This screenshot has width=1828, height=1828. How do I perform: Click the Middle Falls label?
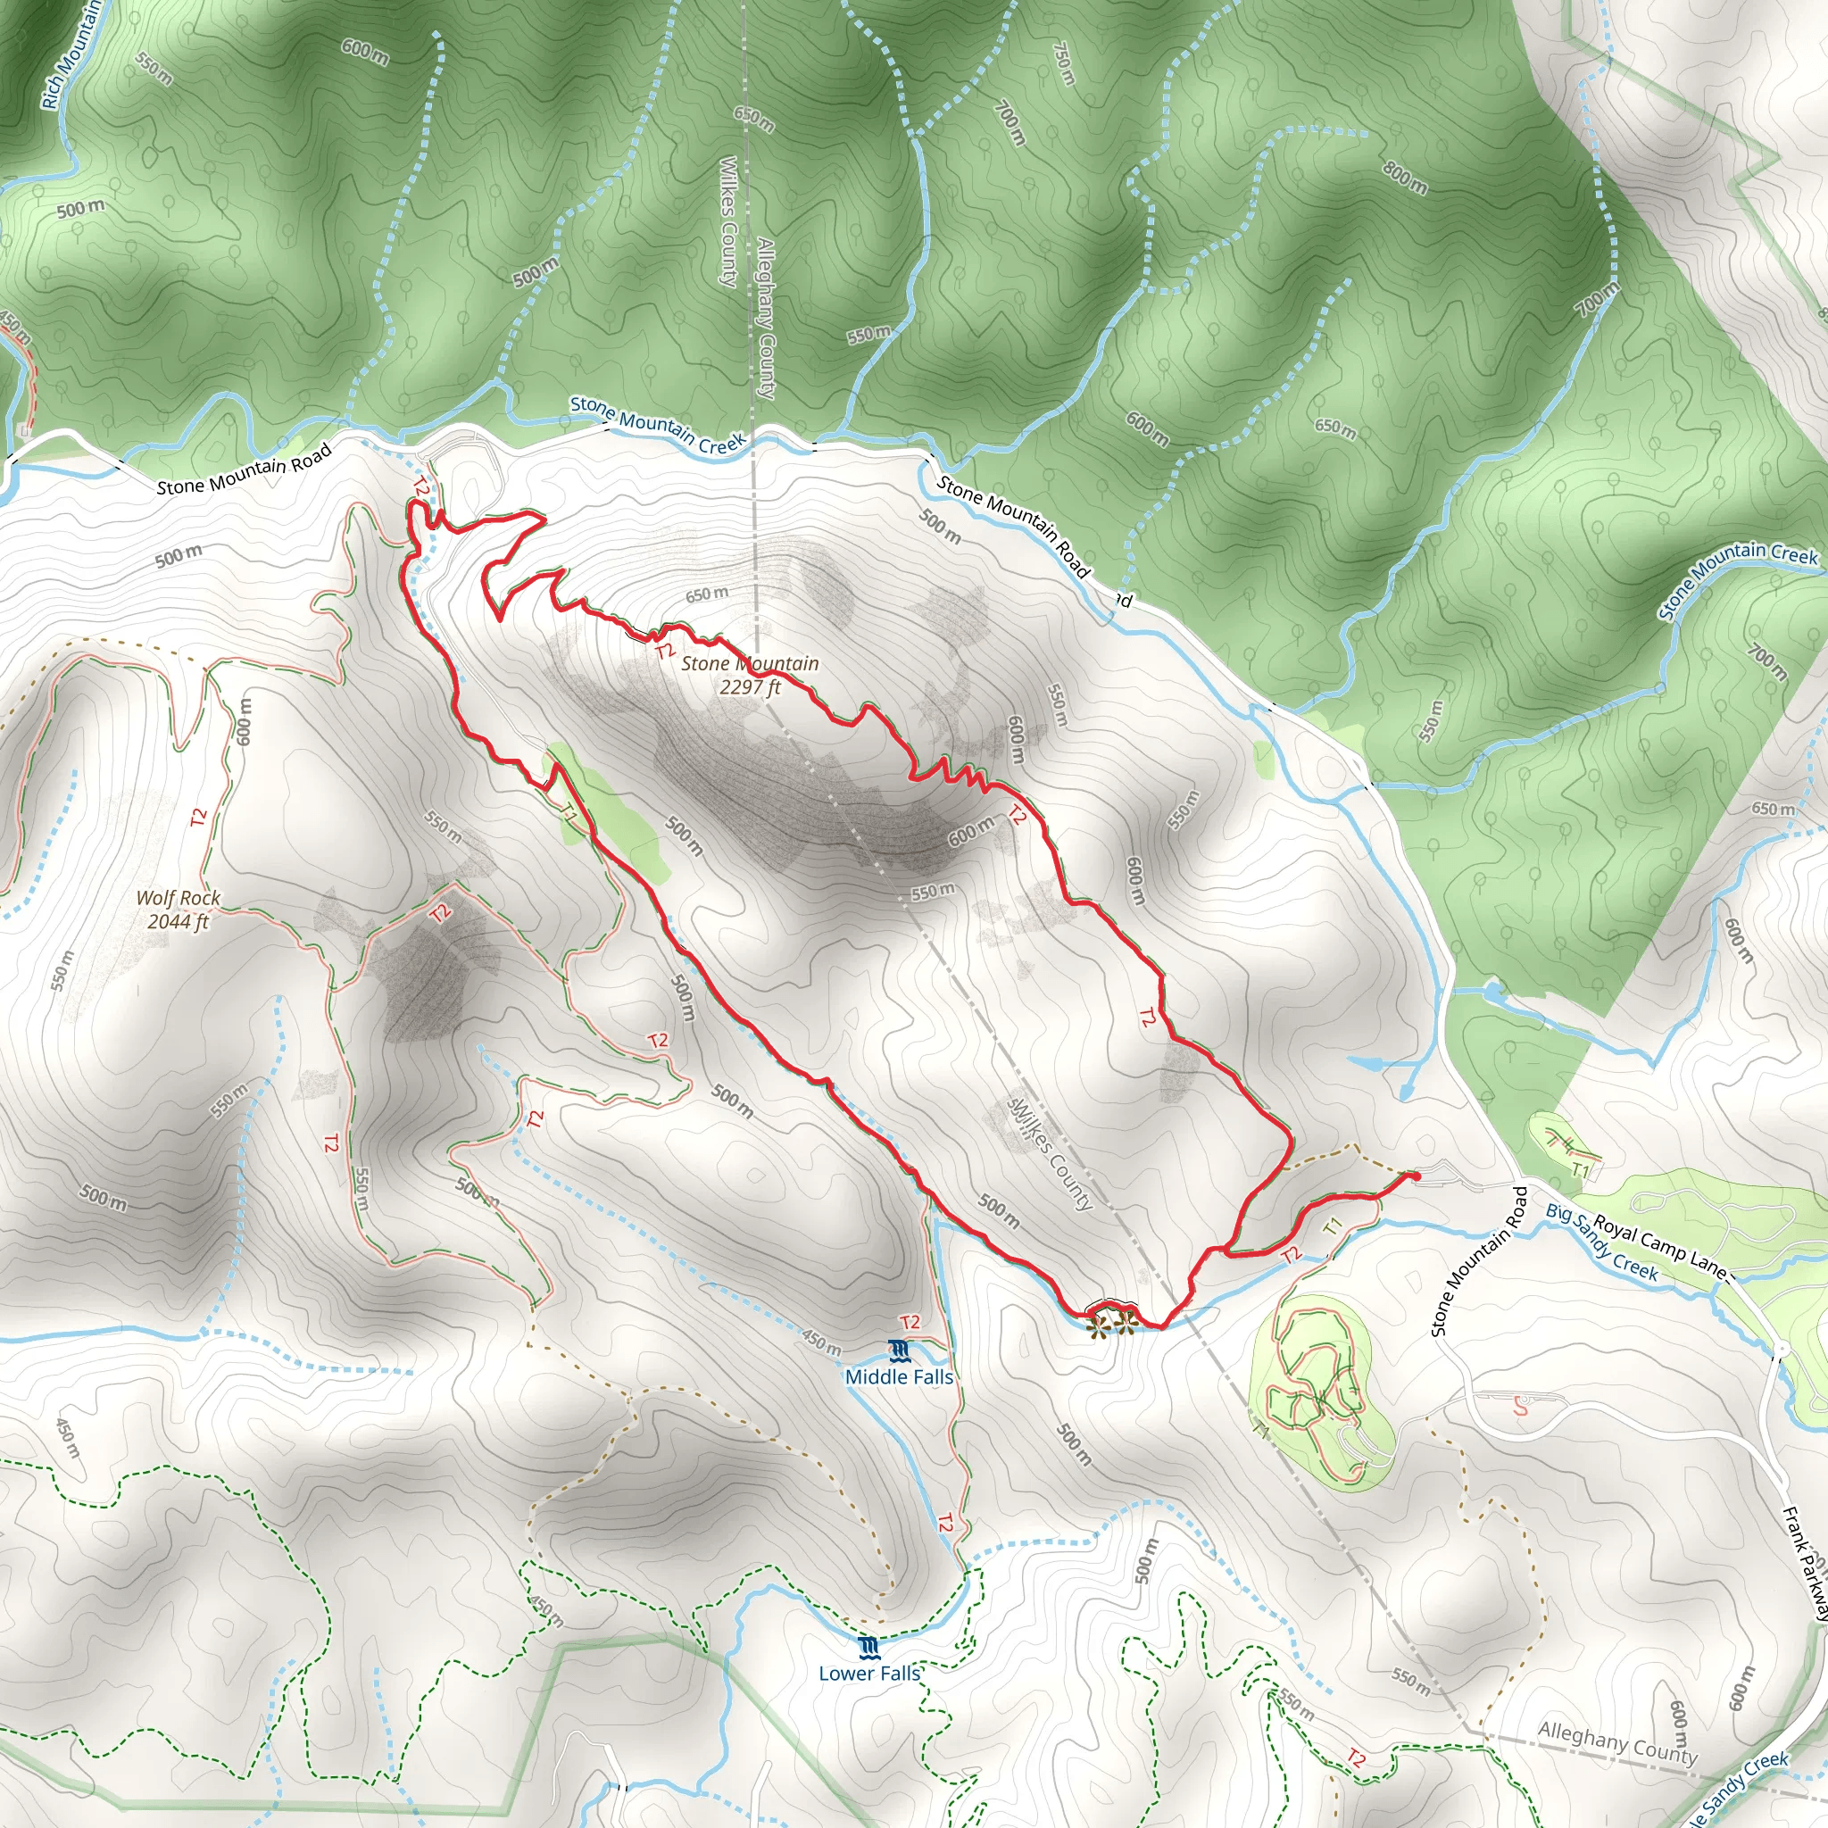click(899, 1376)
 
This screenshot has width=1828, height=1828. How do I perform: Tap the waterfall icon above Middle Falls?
click(899, 1350)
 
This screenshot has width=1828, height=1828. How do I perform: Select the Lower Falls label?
click(868, 1699)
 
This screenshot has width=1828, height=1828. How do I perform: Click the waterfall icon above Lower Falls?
click(868, 1675)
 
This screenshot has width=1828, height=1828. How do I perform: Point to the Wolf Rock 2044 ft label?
click(178, 910)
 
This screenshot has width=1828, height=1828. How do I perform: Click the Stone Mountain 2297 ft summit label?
click(750, 675)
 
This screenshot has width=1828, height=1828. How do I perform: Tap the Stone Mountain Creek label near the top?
click(658, 425)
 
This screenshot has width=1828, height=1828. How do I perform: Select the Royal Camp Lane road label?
click(1660, 1245)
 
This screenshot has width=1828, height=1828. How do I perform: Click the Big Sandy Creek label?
click(1601, 1242)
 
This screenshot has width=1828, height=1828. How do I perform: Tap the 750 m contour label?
click(1063, 62)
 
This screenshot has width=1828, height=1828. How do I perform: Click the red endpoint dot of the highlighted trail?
click(1416, 1176)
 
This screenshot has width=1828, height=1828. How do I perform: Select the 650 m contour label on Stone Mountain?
click(707, 594)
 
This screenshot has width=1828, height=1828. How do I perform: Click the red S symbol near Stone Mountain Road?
click(1520, 1407)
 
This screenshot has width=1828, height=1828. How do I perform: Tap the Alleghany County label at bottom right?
click(1617, 1742)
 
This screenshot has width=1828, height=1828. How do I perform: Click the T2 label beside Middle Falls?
click(910, 1323)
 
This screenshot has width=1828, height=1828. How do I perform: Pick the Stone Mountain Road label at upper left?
click(244, 469)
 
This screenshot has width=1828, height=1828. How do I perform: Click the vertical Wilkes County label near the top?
click(727, 221)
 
